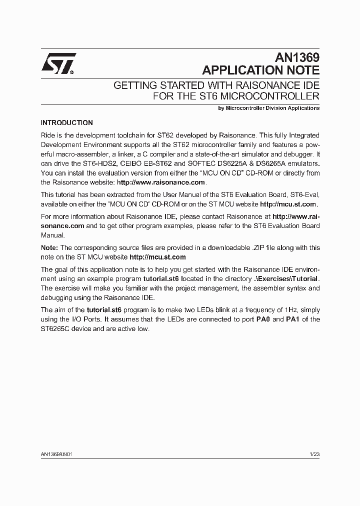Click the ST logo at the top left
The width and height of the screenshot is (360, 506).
coord(58,64)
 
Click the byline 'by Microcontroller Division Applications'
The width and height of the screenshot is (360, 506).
coord(269,108)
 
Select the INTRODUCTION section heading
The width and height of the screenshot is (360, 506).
coord(66,122)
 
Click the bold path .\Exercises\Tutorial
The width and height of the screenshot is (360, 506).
coord(286,278)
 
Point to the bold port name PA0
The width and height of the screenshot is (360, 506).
coord(263,319)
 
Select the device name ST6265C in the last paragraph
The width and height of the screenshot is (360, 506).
coord(56,328)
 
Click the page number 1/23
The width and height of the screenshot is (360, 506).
coord(314,454)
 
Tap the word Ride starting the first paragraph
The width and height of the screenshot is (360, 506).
coord(48,135)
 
